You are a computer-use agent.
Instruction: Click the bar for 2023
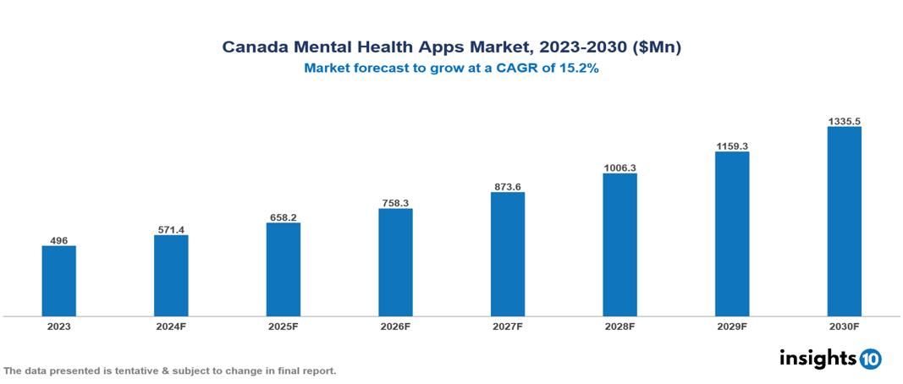(x=58, y=281)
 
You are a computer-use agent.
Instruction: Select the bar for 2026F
(x=395, y=262)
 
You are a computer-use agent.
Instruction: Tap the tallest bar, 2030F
(x=844, y=222)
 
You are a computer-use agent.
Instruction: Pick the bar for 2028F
(x=619, y=244)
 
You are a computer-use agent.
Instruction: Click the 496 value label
(x=58, y=239)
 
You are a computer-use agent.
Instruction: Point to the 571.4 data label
(x=171, y=229)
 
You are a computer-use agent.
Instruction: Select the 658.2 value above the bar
(x=283, y=217)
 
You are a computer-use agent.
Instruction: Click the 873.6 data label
(x=507, y=186)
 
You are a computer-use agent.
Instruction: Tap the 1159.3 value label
(x=732, y=146)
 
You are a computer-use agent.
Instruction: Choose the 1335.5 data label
(x=844, y=122)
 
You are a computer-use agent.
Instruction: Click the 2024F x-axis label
(x=171, y=326)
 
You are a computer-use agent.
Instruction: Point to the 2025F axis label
(x=283, y=326)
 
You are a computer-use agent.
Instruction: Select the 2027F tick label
(x=507, y=326)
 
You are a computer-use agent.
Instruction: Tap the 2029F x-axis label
(x=732, y=326)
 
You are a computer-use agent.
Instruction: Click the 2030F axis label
(x=844, y=326)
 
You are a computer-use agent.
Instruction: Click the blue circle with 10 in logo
(x=870, y=359)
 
